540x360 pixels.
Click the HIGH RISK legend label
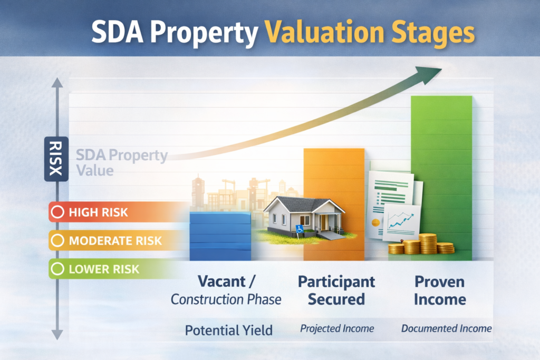coord(98,213)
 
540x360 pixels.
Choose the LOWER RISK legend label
coord(104,269)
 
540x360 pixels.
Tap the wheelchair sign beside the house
coord(300,229)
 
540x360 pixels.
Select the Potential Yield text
coord(228,330)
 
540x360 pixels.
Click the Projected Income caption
coord(337,328)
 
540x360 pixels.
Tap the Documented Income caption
coord(446,328)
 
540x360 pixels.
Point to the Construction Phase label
coord(226,299)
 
